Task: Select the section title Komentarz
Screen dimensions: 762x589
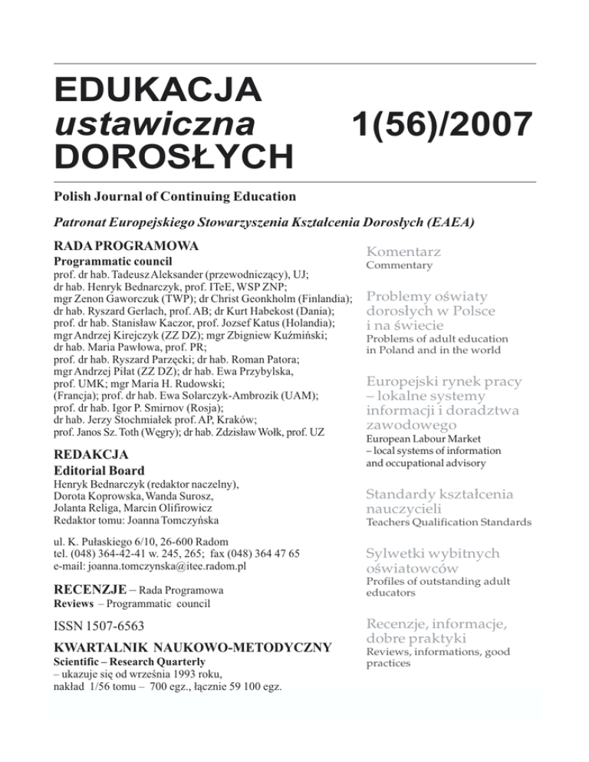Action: pos(403,251)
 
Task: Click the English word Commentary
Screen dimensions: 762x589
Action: pos(399,266)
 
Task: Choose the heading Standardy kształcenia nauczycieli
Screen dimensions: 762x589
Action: pos(439,501)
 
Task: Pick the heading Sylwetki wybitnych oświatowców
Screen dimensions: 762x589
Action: pos(433,560)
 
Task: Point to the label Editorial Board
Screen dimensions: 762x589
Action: pos(99,470)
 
